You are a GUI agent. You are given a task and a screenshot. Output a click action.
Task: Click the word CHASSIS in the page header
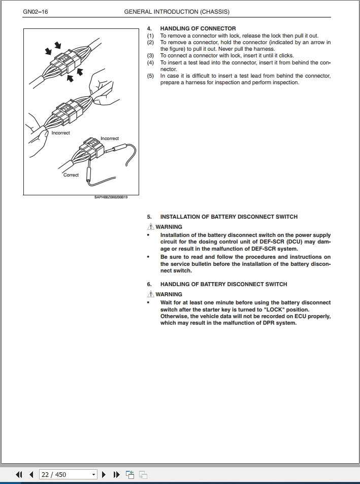(209, 12)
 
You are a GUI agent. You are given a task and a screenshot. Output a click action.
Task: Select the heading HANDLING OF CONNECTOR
(198, 28)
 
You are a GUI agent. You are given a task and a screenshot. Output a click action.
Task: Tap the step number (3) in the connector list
(150, 56)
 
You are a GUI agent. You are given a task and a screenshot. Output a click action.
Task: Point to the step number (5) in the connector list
(150, 76)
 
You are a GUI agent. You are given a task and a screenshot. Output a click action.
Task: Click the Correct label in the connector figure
(71, 175)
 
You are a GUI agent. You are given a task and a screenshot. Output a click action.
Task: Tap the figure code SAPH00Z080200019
(111, 198)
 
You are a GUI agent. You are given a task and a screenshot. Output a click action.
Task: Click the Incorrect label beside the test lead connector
(110, 139)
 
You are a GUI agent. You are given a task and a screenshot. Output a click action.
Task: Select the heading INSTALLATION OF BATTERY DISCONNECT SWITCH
(229, 217)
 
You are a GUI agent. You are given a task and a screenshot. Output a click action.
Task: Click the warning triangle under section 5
(150, 227)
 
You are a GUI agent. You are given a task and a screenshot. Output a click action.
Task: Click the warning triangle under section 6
(150, 294)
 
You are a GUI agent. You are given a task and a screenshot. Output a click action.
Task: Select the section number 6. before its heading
(149, 284)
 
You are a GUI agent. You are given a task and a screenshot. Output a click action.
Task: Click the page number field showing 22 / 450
(63, 474)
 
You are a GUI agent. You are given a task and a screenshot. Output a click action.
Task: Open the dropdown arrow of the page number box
(93, 475)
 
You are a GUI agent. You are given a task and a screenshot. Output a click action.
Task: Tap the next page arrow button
(104, 475)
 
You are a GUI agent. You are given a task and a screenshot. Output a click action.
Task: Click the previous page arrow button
(31, 475)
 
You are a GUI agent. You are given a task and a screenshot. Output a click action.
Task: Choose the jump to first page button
(19, 475)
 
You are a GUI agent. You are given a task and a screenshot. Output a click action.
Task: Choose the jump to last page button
(116, 475)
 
